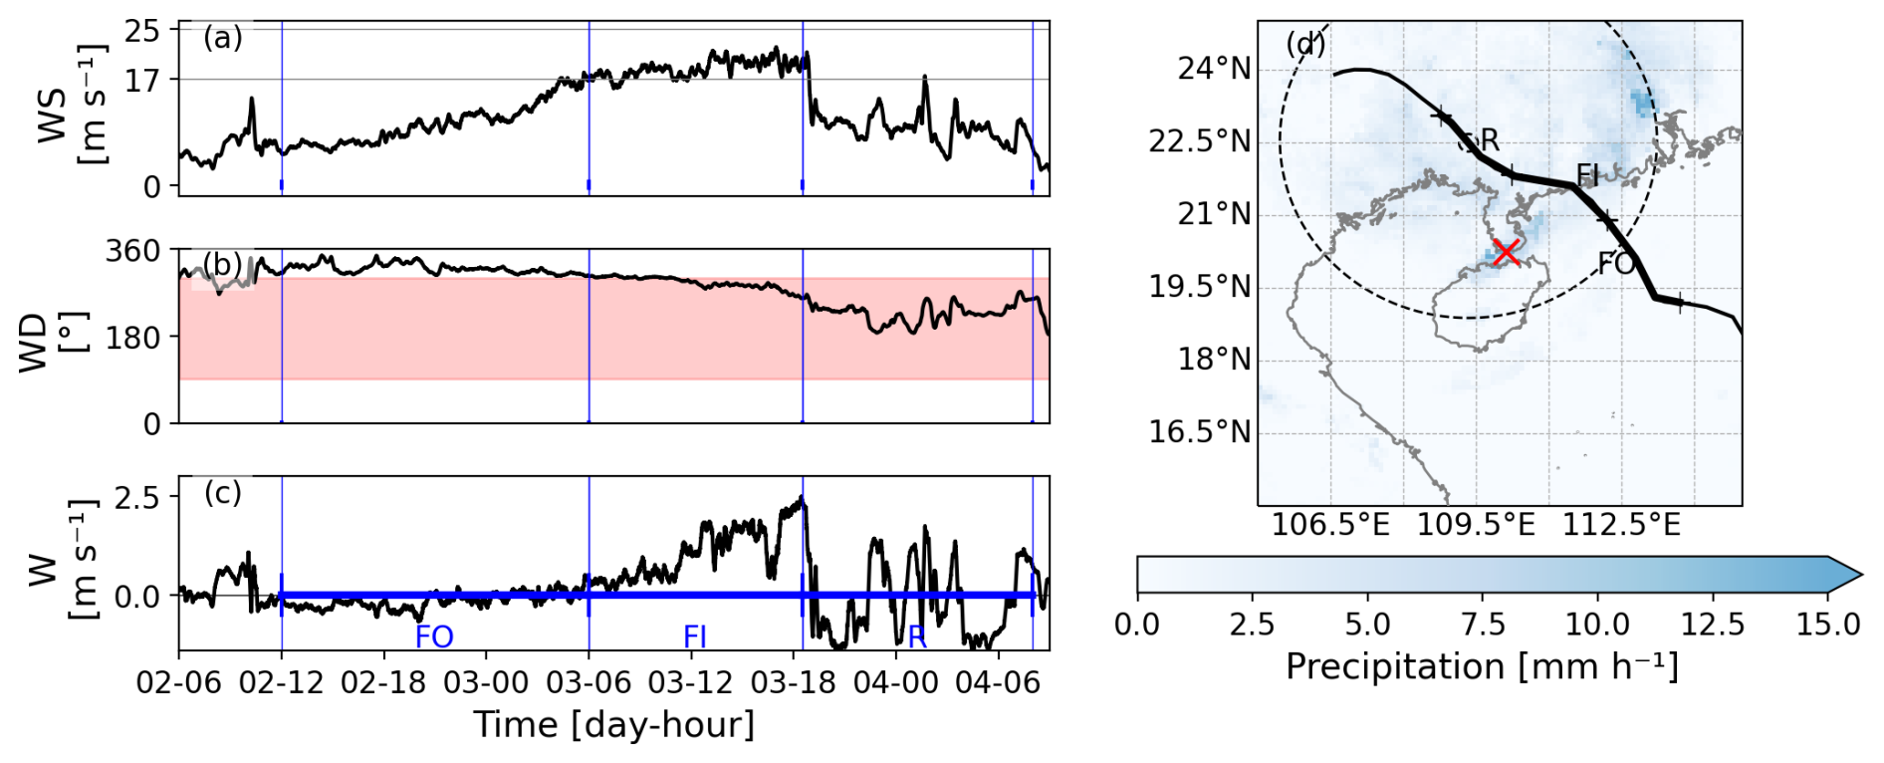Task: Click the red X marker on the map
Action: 1506,252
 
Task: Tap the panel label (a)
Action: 222,39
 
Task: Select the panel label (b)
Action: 222,264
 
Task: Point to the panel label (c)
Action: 222,493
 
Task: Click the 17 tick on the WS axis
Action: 141,80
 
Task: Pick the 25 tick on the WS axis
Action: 141,31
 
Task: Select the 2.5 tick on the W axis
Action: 136,497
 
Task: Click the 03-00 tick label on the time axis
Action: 486,682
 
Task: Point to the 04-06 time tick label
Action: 998,682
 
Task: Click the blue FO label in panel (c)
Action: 434,636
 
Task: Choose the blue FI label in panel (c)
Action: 695,636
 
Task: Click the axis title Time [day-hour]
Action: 613,725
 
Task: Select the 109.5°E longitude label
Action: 1476,524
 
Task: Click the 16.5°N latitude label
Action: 1200,432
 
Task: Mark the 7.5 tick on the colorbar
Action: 1483,625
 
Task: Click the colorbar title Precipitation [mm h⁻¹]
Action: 1482,666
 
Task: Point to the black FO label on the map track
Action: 1616,263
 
